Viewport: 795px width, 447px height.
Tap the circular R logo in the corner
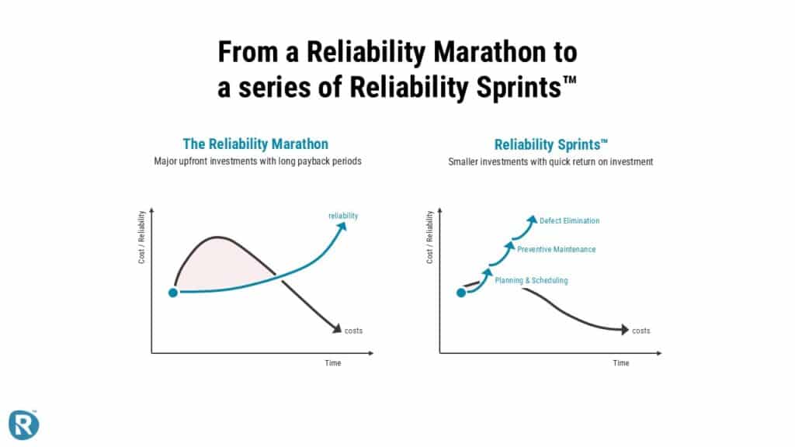23,424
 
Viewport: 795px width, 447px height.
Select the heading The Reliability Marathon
255,144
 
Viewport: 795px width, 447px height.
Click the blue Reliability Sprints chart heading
550,145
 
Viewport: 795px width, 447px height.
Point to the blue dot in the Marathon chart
173,293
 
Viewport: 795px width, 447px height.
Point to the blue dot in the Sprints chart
461,293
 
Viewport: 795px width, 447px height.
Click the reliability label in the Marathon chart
343,216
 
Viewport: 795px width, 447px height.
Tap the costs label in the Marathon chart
353,331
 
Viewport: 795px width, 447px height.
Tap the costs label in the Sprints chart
641,331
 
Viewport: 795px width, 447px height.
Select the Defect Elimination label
569,220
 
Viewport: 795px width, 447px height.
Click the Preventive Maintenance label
556,249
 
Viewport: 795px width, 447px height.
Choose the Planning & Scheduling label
531,280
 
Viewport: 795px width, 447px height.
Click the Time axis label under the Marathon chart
332,363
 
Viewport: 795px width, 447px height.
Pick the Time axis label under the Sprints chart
620,363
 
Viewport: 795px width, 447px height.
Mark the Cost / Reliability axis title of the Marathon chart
141,237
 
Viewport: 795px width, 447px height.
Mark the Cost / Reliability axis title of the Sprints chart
429,237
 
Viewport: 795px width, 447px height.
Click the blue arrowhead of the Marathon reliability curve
342,226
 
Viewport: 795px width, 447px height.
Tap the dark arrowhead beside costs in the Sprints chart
625,329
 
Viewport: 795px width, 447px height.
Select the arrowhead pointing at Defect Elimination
532,220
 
